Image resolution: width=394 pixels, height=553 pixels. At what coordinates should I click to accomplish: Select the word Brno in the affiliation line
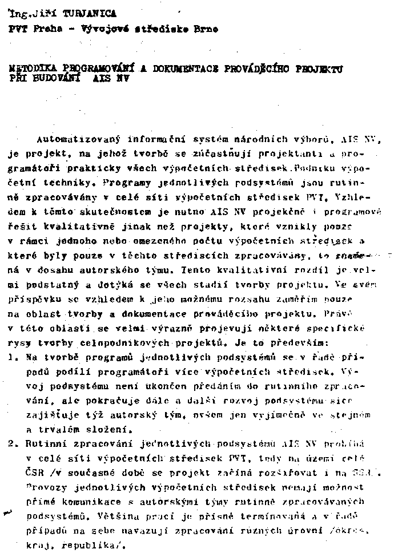tap(206, 29)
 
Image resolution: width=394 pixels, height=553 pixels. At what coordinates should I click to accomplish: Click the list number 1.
tap(11, 357)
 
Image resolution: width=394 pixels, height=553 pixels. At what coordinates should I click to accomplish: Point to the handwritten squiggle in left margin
tap(8, 512)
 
